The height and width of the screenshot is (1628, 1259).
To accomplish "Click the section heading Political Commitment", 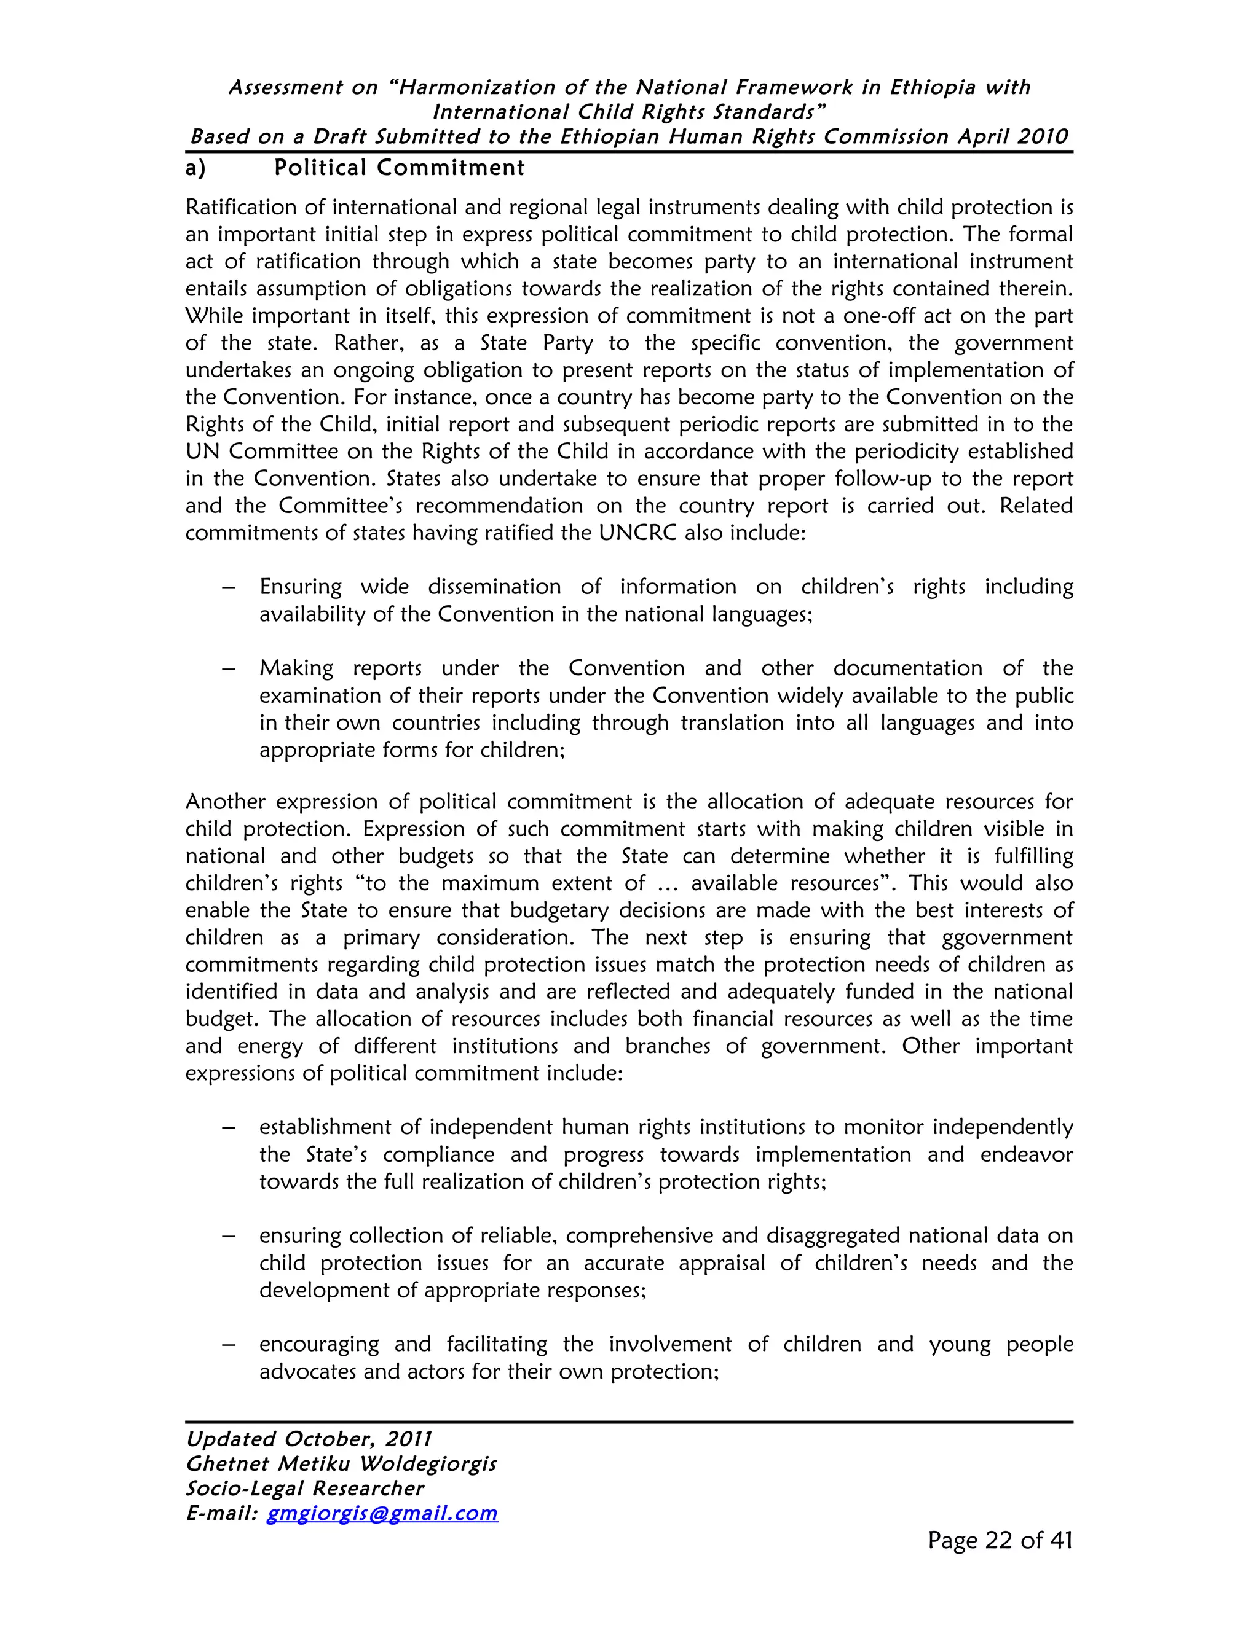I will coord(399,168).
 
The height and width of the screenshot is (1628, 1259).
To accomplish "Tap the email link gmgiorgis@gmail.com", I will coord(382,1513).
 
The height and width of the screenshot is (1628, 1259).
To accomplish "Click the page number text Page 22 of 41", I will coord(1000,1540).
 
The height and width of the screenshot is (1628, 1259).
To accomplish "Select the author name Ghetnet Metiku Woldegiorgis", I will coord(341,1463).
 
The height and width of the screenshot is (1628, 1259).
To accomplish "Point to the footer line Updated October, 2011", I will coord(309,1439).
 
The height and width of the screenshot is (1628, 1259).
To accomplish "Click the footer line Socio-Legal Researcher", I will coord(304,1488).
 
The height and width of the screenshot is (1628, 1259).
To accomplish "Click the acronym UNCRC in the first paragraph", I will coord(637,533).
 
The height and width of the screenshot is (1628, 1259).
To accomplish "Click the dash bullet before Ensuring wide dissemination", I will coord(229,587).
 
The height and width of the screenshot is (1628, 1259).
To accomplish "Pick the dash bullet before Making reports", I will coord(229,668).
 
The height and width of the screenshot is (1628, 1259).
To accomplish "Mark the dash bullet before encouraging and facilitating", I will coord(229,1345).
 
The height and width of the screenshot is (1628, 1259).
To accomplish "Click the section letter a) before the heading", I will coord(195,169).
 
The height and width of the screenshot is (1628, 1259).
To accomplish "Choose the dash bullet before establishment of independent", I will coord(229,1128).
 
